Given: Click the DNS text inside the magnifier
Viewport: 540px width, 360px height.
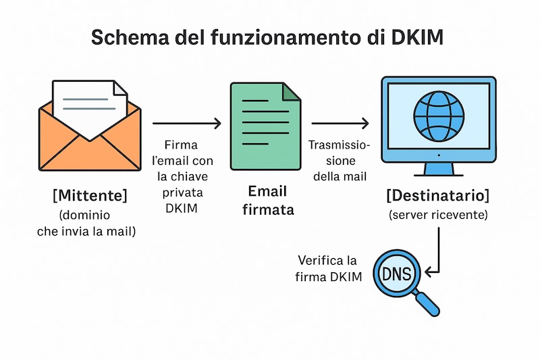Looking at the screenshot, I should coord(400,274).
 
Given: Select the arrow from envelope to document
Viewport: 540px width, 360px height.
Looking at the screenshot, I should coord(187,123).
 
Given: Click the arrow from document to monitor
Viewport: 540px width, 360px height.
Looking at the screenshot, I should coord(340,123).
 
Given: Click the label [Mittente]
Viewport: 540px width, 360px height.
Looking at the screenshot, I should coord(90,197).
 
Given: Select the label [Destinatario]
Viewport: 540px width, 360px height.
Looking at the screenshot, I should coord(438,197).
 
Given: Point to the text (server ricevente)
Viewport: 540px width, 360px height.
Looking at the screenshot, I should coord(437,215).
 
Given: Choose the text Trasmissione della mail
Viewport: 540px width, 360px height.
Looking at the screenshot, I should coord(337,161).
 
